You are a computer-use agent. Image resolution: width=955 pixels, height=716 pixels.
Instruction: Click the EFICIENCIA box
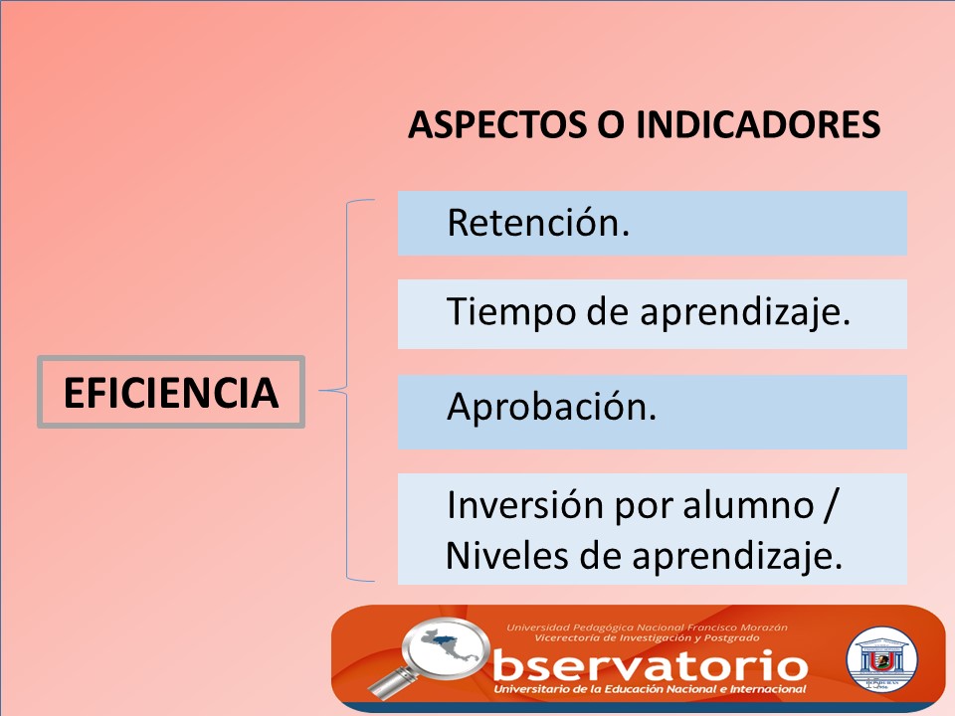coord(170,392)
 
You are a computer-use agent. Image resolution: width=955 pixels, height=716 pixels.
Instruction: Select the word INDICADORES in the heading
coord(758,125)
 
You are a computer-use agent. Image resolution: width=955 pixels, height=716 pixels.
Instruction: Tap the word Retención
coord(538,222)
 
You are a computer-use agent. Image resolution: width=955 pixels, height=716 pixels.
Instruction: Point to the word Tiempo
coord(511,313)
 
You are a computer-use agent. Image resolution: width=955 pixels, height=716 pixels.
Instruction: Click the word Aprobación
coord(551,406)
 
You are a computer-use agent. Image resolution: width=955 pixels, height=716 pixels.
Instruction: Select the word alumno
coord(748,506)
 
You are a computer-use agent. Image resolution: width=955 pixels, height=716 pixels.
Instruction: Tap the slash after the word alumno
coord(830,505)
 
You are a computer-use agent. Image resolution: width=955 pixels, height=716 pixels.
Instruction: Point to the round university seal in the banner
coord(882,660)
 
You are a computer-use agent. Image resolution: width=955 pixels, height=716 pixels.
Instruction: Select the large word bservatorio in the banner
coord(651,665)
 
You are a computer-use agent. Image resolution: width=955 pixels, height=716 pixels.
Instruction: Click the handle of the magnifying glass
coord(390,682)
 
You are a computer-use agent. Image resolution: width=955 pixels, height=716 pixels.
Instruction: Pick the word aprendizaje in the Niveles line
coord(737,557)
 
